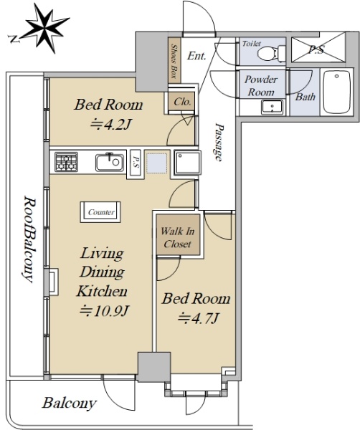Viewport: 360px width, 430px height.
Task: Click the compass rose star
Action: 45,27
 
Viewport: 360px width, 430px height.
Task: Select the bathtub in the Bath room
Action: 336,92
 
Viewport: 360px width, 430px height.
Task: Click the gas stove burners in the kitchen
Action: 66,162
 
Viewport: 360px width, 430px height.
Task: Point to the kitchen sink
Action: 110,163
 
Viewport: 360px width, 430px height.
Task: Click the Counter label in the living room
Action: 101,212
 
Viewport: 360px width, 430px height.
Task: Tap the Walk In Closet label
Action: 178,237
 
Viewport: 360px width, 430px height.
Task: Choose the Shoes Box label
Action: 174,61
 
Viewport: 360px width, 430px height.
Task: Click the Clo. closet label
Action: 182,102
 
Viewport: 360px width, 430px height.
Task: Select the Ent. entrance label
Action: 196,56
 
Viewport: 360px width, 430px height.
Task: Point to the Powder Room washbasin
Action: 272,107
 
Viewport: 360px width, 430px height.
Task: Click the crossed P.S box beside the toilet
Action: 318,49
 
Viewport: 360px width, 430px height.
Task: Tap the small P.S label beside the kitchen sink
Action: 136,162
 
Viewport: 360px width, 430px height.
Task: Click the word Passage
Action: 219,141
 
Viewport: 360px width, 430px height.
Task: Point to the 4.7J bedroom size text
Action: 198,318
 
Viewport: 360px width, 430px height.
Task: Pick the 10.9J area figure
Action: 104,311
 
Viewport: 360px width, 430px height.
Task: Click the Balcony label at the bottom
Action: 69,403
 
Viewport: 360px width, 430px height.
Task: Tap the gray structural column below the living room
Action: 154,367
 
